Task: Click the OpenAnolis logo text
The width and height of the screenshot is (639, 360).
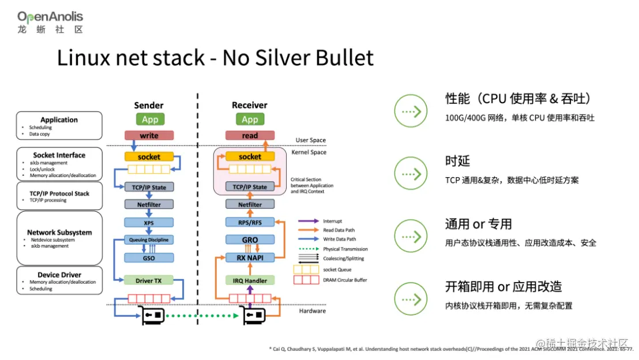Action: coord(50,17)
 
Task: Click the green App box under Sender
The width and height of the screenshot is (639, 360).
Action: coord(149,119)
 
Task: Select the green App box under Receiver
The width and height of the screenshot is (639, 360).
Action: coord(250,119)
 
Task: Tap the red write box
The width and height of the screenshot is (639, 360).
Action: coord(149,136)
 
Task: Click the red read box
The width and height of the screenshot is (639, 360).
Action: coord(250,136)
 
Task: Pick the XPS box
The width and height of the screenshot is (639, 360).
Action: coord(149,222)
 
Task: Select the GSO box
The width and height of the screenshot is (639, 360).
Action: coord(149,258)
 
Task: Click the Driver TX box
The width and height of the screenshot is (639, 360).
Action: coord(149,280)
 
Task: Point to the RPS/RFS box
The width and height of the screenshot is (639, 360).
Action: coord(250,222)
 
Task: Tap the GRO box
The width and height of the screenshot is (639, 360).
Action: coord(250,240)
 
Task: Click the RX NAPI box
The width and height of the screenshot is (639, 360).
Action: coord(250,258)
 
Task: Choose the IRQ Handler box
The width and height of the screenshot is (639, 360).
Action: coord(250,280)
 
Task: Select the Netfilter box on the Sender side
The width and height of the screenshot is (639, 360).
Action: coord(149,204)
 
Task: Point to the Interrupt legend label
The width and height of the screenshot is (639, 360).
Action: coord(333,221)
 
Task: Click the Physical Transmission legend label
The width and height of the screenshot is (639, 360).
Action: coord(345,249)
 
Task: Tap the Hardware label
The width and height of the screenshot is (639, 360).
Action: coord(312,311)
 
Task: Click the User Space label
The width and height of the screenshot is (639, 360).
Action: coord(310,140)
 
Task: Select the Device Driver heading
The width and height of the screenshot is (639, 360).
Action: coord(59,275)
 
